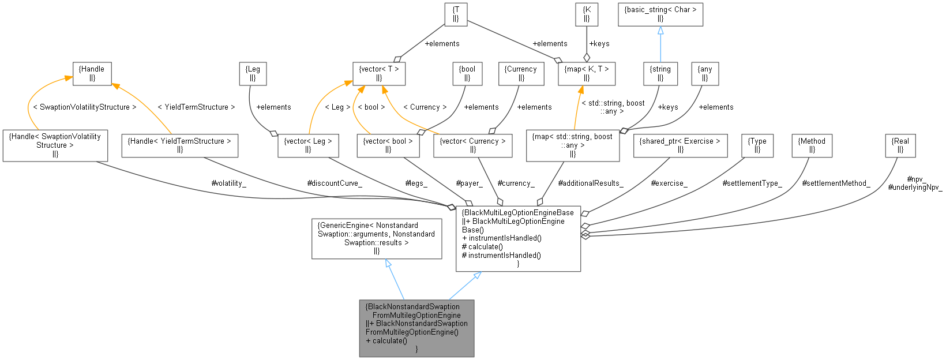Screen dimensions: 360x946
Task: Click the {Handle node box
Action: (x=92, y=73)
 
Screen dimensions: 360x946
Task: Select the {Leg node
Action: (x=253, y=73)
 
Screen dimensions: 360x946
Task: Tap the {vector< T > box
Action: (x=379, y=73)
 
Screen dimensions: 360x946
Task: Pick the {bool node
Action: (x=467, y=73)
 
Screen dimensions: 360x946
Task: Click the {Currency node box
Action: (x=521, y=73)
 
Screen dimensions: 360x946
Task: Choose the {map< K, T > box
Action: (x=587, y=73)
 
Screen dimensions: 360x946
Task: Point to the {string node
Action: (x=660, y=73)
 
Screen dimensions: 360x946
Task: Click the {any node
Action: (x=705, y=73)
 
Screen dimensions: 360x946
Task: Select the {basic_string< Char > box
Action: (x=660, y=14)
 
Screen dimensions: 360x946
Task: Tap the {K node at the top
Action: (x=587, y=14)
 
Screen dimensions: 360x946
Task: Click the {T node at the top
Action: (x=456, y=14)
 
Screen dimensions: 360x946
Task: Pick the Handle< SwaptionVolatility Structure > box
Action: (x=55, y=145)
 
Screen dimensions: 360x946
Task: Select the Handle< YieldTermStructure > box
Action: (x=180, y=145)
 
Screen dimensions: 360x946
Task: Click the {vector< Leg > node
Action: (x=308, y=145)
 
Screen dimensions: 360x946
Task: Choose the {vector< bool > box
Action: (x=388, y=145)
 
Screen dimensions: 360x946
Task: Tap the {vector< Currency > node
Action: (x=472, y=145)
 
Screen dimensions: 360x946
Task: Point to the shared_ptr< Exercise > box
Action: (x=680, y=145)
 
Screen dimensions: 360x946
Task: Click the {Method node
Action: (x=812, y=145)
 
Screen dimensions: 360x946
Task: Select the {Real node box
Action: (x=900, y=145)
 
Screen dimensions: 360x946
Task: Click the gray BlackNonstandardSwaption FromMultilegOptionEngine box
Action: (x=416, y=328)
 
